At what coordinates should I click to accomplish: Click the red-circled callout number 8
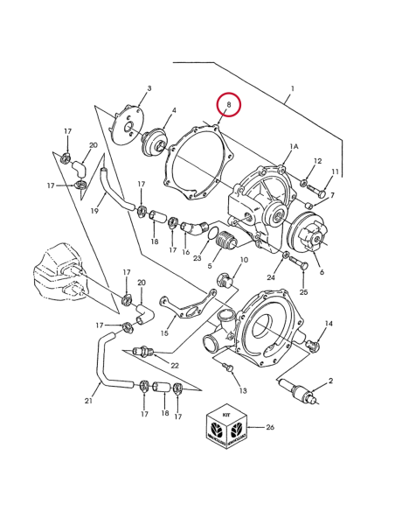[x=228, y=105]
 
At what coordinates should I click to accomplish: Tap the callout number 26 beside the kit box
[x=270, y=427]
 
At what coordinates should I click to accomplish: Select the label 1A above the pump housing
[x=294, y=147]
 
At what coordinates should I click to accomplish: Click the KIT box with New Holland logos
[x=226, y=428]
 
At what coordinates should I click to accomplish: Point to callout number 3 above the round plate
[x=149, y=88]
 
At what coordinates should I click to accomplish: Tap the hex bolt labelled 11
[x=316, y=191]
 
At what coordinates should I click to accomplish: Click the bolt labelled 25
[x=298, y=262]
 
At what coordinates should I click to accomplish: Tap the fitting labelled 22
[x=145, y=352]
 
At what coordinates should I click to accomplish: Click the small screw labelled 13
[x=228, y=367]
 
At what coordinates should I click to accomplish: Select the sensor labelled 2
[x=299, y=390]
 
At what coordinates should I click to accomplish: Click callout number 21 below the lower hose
[x=88, y=401]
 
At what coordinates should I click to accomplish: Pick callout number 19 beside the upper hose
[x=94, y=211]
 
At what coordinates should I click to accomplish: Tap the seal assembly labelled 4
[x=154, y=143]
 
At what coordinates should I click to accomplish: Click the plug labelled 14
[x=314, y=346]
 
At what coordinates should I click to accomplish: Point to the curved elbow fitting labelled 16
[x=195, y=227]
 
